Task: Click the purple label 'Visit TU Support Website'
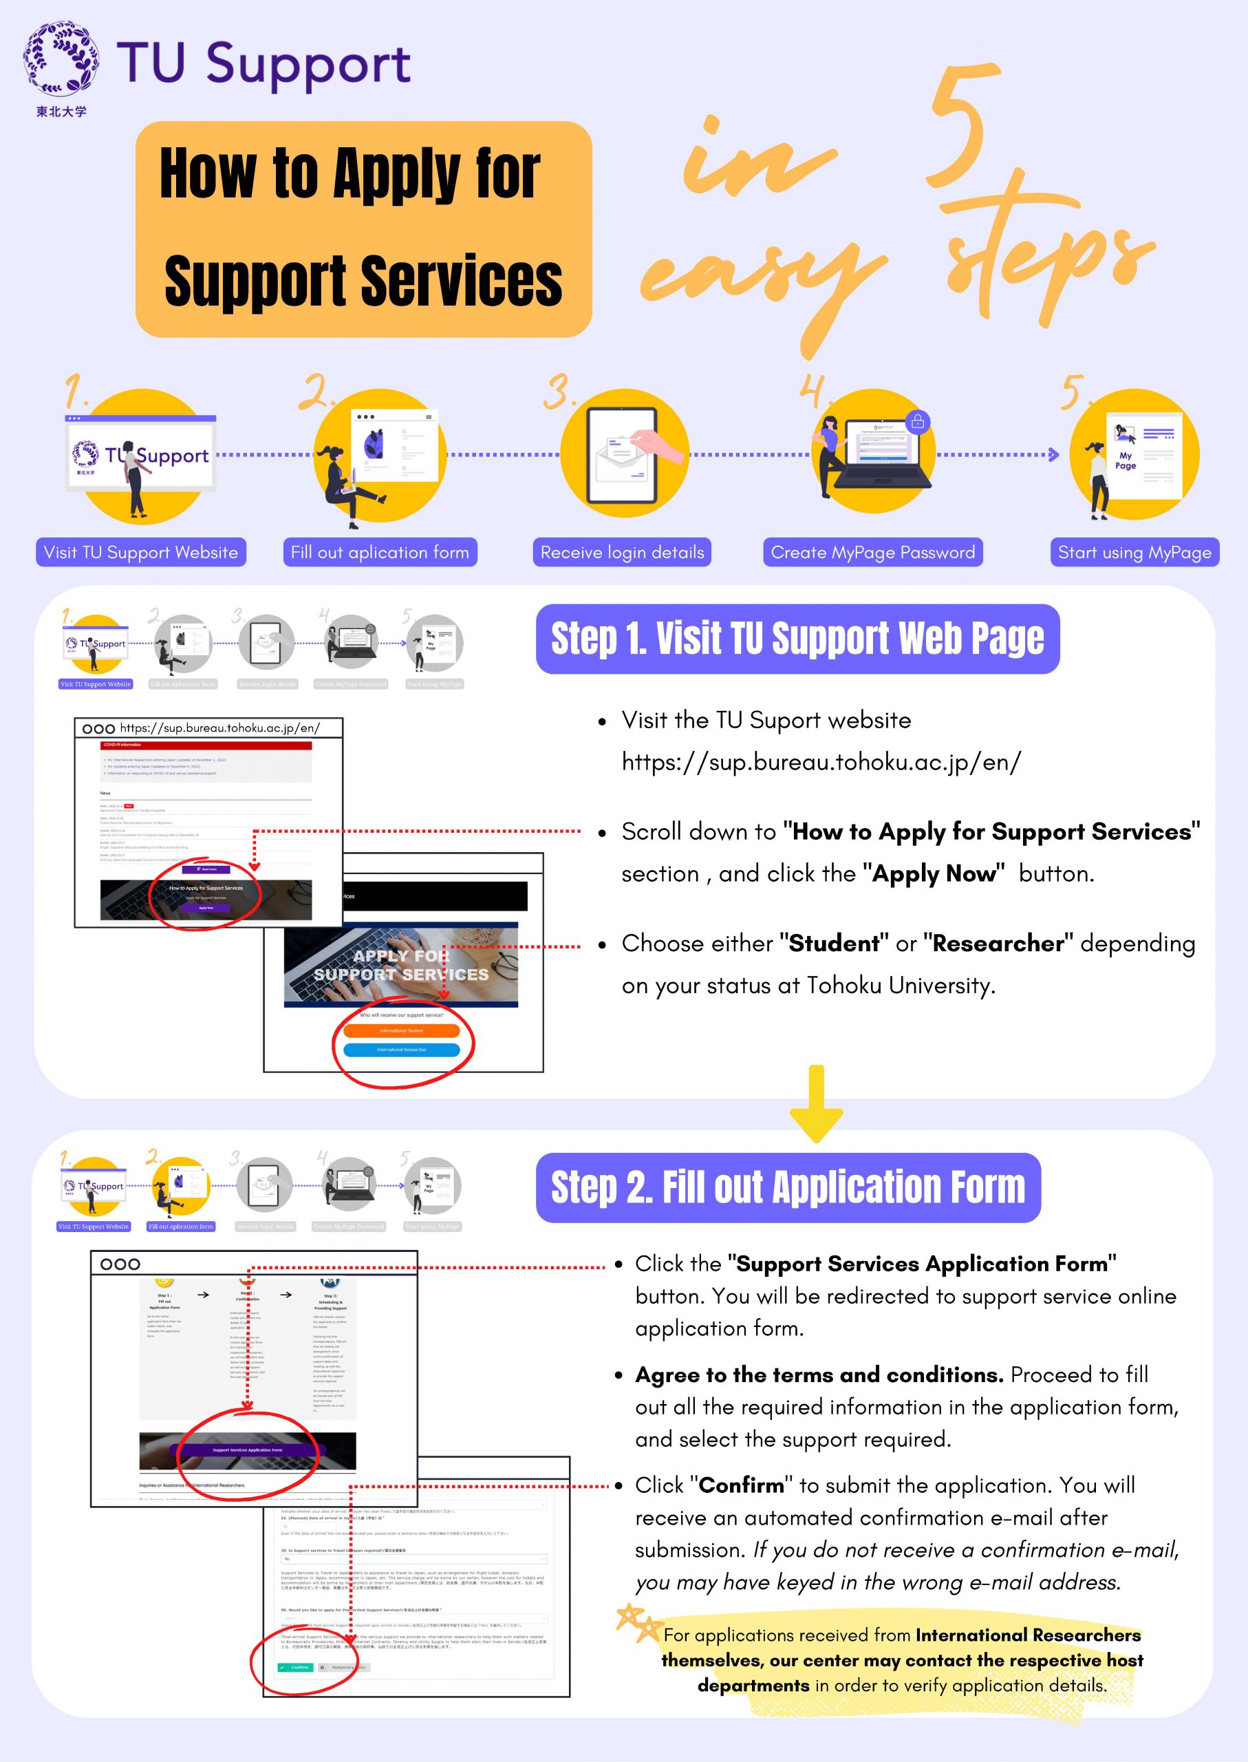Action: point(140,552)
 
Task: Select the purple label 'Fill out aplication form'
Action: point(380,552)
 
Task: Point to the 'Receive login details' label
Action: point(622,552)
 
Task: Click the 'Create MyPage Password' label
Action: point(872,552)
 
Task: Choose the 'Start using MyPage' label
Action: point(1134,552)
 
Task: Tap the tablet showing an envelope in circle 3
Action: point(622,456)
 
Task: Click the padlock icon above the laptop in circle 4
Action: point(917,421)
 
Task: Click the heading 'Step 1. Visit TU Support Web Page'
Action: point(797,639)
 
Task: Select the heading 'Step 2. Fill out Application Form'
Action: point(788,1188)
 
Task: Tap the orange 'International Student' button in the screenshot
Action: point(401,1030)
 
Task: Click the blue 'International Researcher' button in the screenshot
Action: point(401,1050)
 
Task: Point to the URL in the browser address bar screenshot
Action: point(219,728)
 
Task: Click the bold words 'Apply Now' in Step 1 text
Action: point(934,874)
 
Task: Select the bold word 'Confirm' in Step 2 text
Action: point(741,1485)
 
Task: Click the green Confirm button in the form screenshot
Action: point(295,1668)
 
